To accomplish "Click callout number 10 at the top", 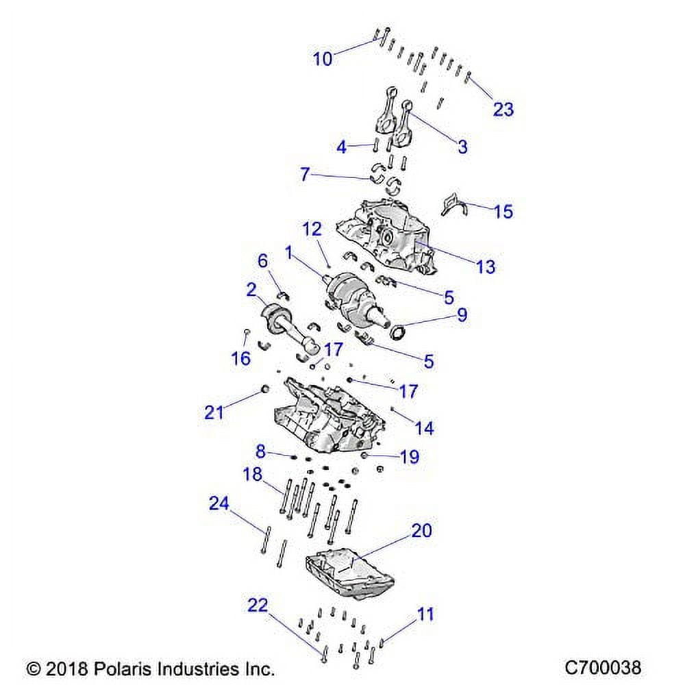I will click(323, 59).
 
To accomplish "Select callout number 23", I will click(503, 109).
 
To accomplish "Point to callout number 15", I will click(503, 211).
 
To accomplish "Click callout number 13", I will click(486, 266).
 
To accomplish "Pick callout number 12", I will click(312, 229).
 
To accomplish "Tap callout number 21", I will click(214, 412).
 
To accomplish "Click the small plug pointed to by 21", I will click(262, 391).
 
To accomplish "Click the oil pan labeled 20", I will click(349, 572).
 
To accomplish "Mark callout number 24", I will click(219, 503).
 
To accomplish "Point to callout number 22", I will click(258, 605).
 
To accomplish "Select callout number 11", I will click(425, 614).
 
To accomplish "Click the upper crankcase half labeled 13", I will click(384, 233).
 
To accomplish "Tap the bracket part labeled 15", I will click(453, 204).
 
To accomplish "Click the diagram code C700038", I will click(603, 667).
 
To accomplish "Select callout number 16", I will click(241, 359).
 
